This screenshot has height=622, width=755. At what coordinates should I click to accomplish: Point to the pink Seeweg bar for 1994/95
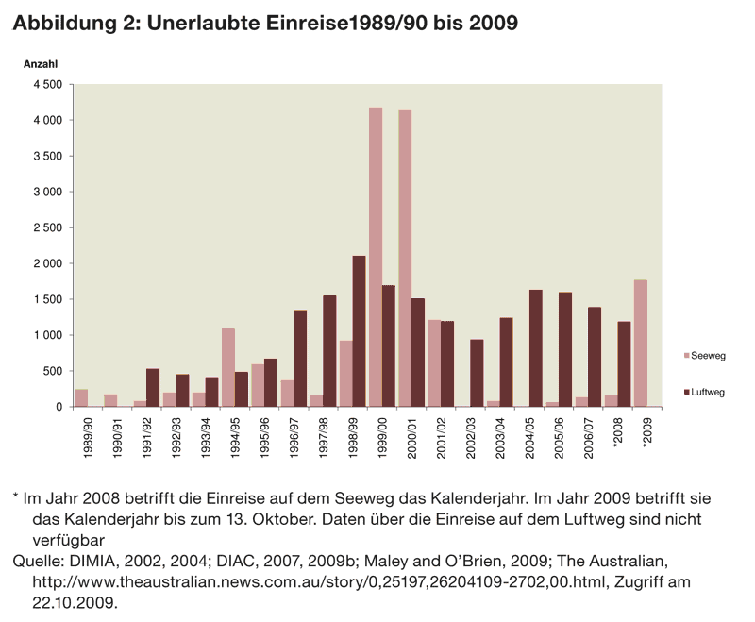(x=227, y=367)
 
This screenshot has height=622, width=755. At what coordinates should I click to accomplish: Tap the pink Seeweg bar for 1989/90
(x=81, y=397)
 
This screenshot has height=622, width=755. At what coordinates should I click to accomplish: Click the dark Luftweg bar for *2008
(x=624, y=364)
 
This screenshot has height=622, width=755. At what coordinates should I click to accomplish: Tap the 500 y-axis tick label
(x=53, y=371)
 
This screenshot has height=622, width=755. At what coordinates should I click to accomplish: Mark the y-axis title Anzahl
(x=41, y=64)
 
